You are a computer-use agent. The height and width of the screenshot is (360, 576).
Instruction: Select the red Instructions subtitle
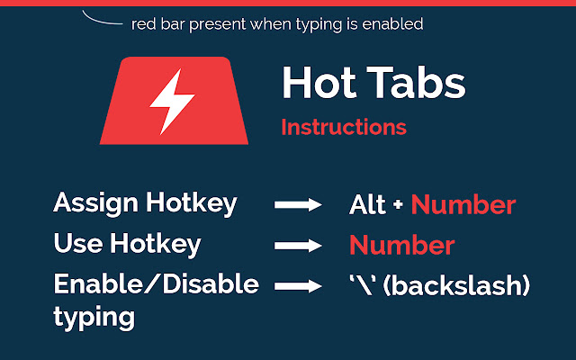pyautogui.click(x=343, y=127)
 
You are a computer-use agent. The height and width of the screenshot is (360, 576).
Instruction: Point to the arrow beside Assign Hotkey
pyautogui.click(x=298, y=205)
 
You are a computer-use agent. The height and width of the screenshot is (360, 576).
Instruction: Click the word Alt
pyautogui.click(x=366, y=205)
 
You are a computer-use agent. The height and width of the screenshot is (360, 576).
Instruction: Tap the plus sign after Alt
pyautogui.click(x=397, y=206)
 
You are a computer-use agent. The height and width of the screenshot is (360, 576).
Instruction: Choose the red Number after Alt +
pyautogui.click(x=463, y=205)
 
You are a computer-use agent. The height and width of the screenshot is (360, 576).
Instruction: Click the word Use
pyautogui.click(x=76, y=244)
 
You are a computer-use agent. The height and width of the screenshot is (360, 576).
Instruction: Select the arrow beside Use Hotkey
pyautogui.click(x=298, y=246)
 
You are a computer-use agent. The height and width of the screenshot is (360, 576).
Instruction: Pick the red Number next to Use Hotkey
pyautogui.click(x=401, y=246)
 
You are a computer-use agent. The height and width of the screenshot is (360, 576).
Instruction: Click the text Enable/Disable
pyautogui.click(x=156, y=284)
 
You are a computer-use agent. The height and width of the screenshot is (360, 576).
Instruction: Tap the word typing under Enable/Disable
pyautogui.click(x=94, y=317)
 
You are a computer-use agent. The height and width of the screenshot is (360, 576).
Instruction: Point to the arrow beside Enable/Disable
pyautogui.click(x=298, y=286)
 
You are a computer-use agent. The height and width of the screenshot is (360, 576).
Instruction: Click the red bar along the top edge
pyautogui.click(x=288, y=3)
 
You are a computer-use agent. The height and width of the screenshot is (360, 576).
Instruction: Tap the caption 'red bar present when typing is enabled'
pyautogui.click(x=276, y=24)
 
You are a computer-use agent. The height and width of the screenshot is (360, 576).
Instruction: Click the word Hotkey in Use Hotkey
pyautogui.click(x=157, y=244)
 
